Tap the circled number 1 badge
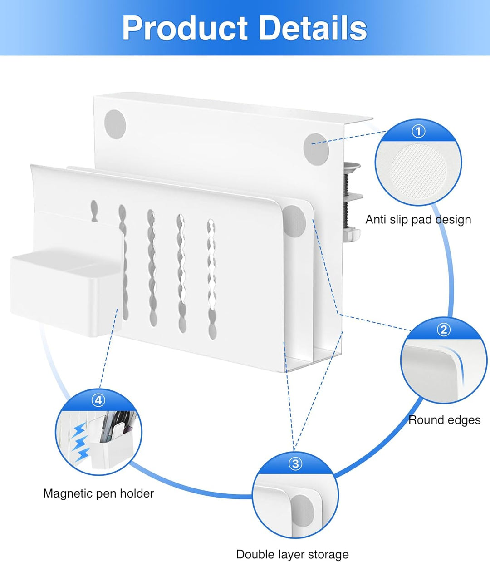coord(418,131)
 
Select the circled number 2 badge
coord(443,330)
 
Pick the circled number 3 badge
coord(295,463)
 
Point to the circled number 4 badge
coord(98,400)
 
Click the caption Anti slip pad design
coord(418,220)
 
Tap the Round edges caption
coord(444,420)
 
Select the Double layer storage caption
coord(292,554)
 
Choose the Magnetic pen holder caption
coord(98,493)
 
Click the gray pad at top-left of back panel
coord(115,123)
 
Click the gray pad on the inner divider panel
coord(294,221)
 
